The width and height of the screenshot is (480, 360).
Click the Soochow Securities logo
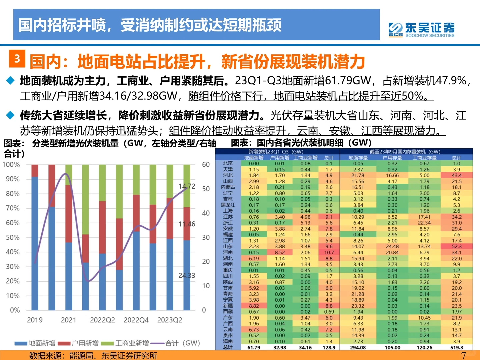[x=421, y=30]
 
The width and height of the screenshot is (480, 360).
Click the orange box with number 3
[x=17, y=59]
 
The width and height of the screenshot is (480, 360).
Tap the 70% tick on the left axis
[x=13, y=208]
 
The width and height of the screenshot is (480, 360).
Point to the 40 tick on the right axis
[x=206, y=213]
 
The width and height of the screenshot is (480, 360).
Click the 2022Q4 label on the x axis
[x=136, y=320]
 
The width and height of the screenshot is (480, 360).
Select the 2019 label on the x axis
[x=35, y=320]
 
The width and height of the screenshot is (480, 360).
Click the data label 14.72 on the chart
[x=187, y=186]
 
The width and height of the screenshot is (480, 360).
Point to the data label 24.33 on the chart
[x=187, y=275]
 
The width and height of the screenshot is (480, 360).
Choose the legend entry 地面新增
[x=35, y=343]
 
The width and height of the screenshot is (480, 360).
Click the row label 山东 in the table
[x=228, y=246]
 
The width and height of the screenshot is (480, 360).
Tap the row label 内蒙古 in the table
[x=228, y=187]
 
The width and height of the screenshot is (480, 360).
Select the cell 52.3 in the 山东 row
[x=457, y=246]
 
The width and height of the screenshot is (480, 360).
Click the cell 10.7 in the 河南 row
[x=329, y=252]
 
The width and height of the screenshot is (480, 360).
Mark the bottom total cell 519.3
[x=457, y=347]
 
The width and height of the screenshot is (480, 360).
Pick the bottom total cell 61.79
[x=254, y=347]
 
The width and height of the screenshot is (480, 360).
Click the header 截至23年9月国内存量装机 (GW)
[x=405, y=152]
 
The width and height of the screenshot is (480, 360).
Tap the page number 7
[x=463, y=355]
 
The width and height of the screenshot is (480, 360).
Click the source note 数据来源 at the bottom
[x=93, y=355]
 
